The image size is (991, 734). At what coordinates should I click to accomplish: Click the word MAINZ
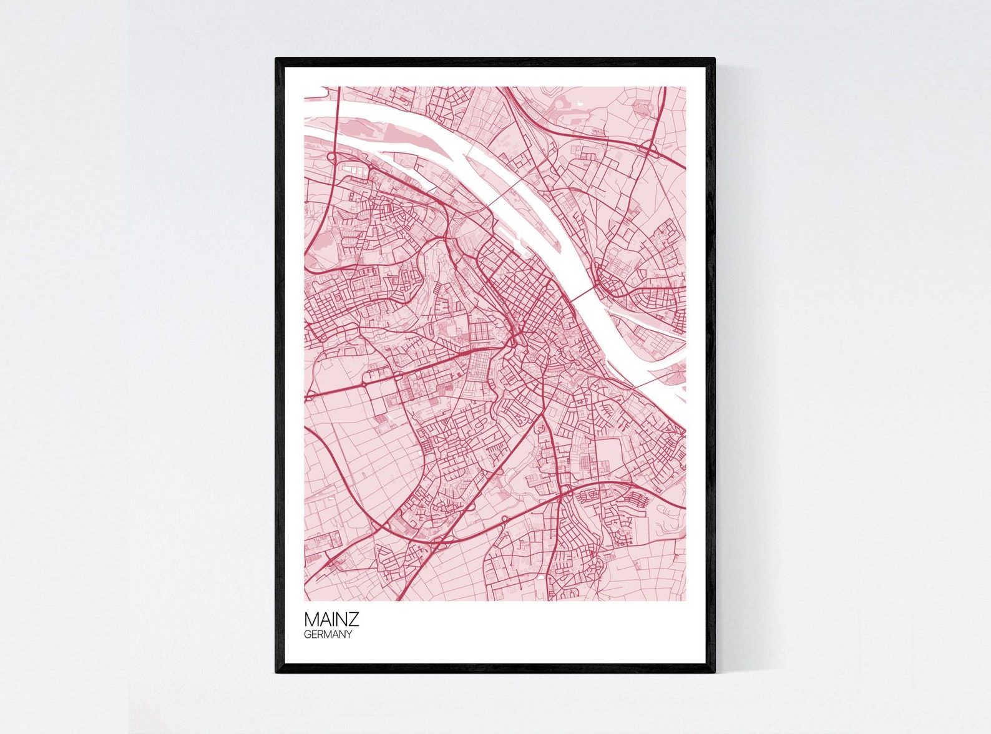pos(331,620)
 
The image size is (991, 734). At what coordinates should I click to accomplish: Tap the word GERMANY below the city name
pos(328,635)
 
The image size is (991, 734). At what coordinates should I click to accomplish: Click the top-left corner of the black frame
pos(277,59)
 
